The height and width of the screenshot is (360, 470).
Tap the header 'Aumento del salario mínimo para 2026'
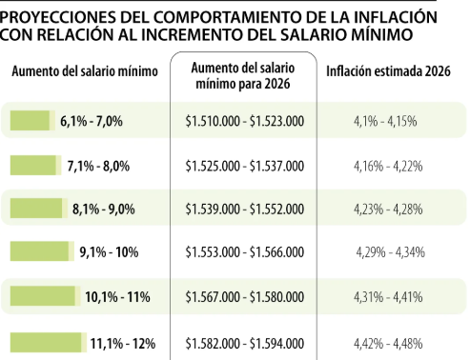(x=244, y=75)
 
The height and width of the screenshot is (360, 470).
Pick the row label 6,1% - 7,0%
(x=91, y=121)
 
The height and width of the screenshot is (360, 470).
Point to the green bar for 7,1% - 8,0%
(x=34, y=165)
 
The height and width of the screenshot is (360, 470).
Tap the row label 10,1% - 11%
(x=117, y=297)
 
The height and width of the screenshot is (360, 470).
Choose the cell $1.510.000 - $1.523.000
(x=244, y=121)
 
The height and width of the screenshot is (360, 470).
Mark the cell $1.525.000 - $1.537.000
(x=244, y=165)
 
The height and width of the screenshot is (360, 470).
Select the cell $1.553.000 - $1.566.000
(x=244, y=252)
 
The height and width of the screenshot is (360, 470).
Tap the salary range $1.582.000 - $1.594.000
(x=244, y=341)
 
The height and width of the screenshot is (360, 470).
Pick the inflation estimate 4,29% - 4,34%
(x=389, y=252)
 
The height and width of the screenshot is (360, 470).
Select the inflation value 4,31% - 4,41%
(x=389, y=297)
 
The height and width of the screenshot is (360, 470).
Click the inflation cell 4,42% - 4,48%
(x=389, y=341)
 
